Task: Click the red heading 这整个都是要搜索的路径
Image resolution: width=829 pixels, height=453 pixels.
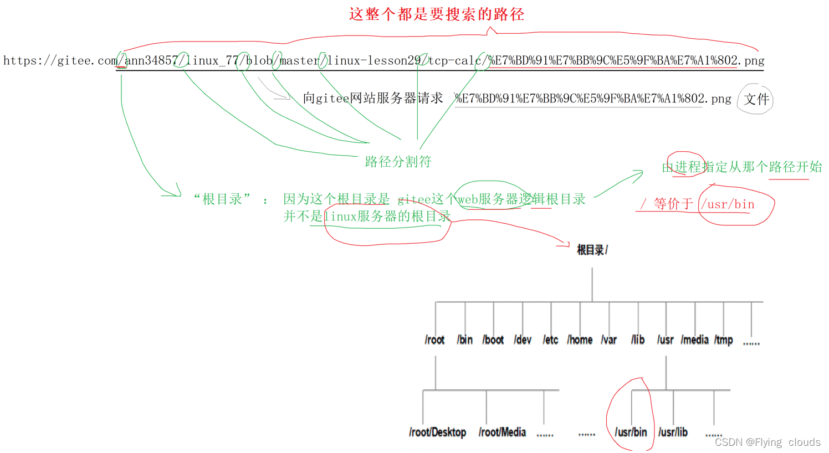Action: click(436, 14)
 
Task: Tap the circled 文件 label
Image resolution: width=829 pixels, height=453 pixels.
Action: click(756, 99)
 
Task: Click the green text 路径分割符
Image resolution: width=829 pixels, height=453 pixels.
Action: click(398, 162)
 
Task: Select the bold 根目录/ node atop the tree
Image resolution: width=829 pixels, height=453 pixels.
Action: click(592, 250)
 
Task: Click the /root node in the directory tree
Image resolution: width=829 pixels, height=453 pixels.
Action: click(434, 340)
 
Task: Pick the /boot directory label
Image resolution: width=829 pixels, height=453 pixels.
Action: click(493, 340)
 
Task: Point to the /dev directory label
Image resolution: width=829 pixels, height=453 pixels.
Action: click(523, 340)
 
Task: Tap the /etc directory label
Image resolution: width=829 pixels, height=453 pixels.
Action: click(550, 340)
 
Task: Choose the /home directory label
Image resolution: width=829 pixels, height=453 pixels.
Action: click(580, 340)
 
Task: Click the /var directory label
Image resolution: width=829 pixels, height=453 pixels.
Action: click(608, 340)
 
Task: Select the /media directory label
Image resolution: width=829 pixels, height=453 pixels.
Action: click(694, 340)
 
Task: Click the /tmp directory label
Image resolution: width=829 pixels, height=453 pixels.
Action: click(723, 340)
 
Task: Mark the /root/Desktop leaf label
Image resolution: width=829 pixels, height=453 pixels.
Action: click(437, 433)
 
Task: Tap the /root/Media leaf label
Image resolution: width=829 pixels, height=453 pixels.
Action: click(502, 433)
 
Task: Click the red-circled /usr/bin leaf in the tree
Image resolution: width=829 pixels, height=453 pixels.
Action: click(631, 433)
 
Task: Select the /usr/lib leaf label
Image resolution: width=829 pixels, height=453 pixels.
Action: click(673, 433)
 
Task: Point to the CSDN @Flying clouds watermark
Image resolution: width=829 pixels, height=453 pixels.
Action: click(767, 442)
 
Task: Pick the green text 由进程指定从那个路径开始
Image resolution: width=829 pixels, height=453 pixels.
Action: click(742, 167)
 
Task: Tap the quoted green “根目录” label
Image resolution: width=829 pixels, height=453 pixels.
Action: click(222, 199)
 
